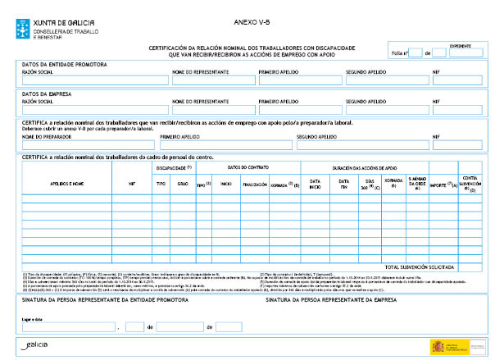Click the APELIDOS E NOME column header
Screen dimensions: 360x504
click(67, 185)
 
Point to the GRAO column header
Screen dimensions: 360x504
click(182, 185)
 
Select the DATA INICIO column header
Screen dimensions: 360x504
click(316, 184)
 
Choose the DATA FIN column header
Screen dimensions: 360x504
click(344, 184)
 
